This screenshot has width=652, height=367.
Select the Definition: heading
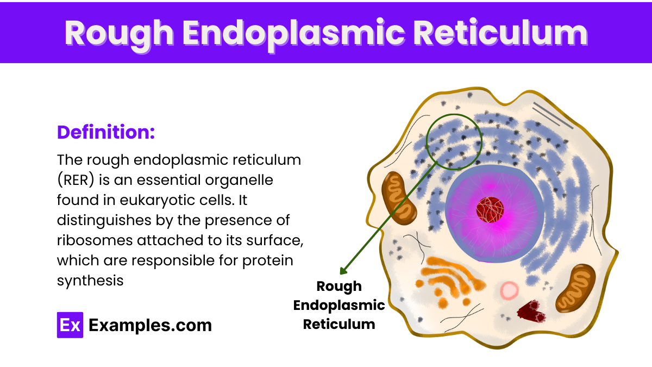pos(106,132)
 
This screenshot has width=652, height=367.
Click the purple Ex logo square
pos(70,325)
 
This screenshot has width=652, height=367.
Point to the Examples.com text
pos(150,325)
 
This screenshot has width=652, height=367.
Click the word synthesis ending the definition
pos(90,281)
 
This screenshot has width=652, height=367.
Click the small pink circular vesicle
pos(509,291)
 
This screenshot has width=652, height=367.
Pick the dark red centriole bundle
pos(530,312)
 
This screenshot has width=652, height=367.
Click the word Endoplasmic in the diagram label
pos(339,306)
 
